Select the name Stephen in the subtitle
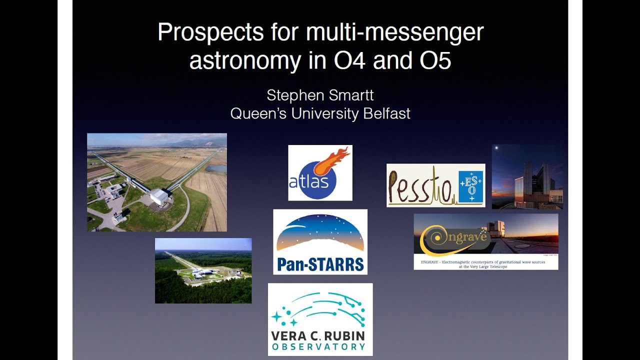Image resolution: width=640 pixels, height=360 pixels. [291, 95]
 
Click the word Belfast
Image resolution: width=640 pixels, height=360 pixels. [386, 113]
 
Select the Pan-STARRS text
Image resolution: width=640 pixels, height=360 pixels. [320, 264]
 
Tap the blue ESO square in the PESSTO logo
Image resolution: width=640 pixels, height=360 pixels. [470, 186]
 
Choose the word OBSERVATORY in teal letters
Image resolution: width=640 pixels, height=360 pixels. [318, 346]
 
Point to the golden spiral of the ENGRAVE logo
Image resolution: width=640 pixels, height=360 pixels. [431, 239]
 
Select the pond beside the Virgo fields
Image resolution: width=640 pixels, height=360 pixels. [215, 168]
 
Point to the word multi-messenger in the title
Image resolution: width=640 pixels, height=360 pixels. [395, 33]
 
